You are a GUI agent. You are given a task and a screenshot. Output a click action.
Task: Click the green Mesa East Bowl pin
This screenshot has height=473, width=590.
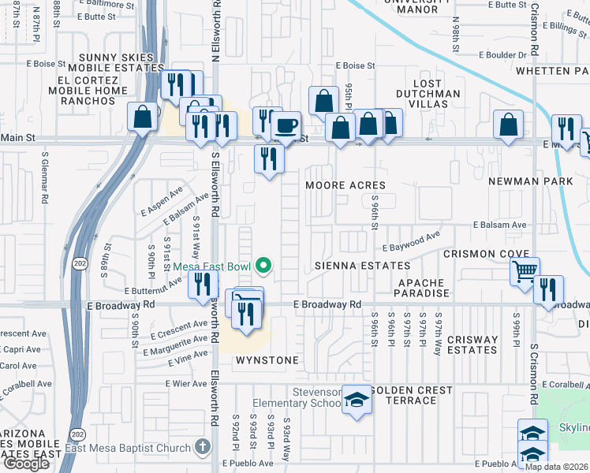point(264,266)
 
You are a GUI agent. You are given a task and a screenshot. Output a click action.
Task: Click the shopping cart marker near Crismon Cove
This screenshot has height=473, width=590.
point(525,271)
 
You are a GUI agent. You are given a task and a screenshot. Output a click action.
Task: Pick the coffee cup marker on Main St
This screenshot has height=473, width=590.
point(286,125)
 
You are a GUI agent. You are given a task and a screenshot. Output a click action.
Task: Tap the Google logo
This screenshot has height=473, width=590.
point(26,464)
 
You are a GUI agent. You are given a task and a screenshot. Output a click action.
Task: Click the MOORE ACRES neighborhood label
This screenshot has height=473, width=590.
point(346,185)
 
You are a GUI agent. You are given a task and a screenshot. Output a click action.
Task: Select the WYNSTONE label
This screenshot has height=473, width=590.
point(267,360)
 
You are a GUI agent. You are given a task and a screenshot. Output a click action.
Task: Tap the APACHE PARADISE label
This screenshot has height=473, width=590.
point(424,288)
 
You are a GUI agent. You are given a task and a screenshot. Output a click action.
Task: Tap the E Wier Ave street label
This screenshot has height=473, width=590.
point(186,383)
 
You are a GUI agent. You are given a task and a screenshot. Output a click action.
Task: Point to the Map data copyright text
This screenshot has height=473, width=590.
point(556,466)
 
